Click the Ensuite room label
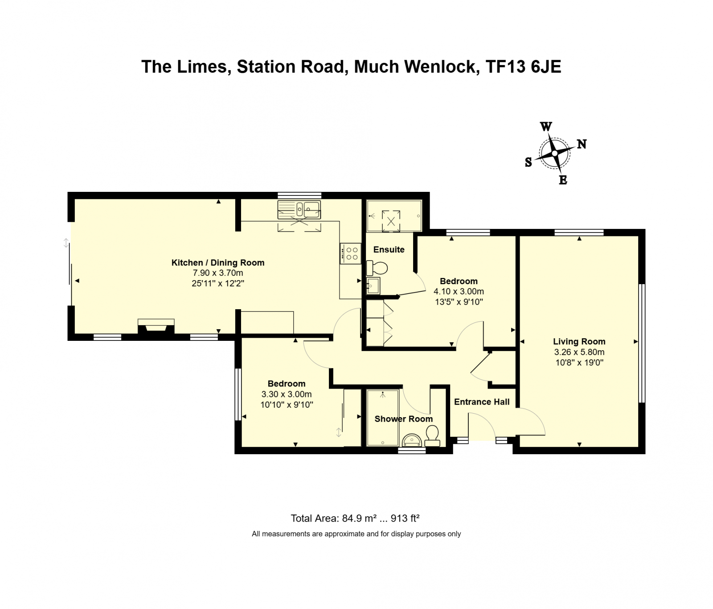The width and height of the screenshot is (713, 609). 389,250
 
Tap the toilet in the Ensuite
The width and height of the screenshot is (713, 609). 377,268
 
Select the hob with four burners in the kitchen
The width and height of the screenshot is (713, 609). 351,253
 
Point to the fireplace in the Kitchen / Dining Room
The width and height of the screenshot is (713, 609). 156,326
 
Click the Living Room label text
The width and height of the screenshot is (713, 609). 579,342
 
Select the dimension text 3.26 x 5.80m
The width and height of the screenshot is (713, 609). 579,352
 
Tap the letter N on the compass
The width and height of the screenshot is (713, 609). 582,144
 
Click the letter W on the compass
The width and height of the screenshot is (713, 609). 546,127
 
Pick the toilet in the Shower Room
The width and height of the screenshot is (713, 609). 432,435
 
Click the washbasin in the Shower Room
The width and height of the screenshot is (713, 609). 412,440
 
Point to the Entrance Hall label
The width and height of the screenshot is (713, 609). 481,402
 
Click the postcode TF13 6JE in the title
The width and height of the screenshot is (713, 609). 523,67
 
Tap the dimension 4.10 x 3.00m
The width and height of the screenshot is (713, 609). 459,291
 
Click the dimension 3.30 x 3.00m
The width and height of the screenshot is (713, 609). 286,394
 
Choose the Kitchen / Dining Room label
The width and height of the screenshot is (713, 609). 218,263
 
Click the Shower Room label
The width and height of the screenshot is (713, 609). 403,419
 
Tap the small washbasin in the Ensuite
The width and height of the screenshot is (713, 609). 373,286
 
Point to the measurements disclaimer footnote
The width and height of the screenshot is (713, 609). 356,534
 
